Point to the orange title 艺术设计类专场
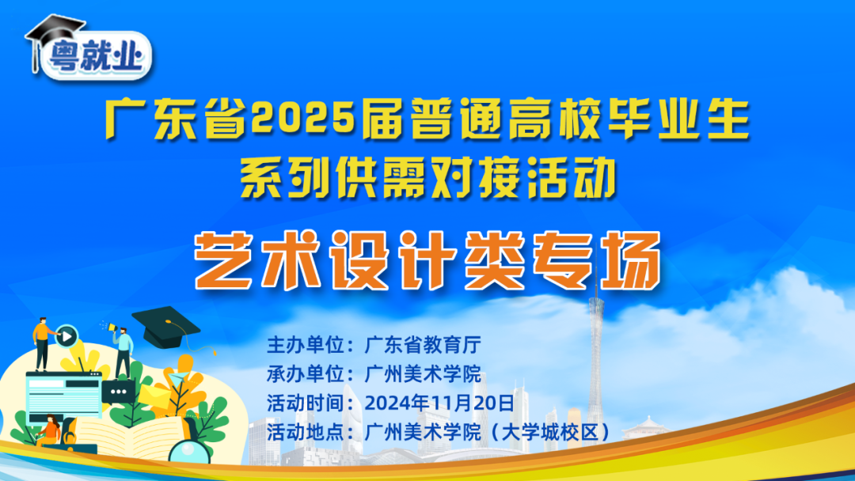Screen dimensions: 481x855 pos(428,258)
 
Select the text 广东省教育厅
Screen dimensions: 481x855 pos(423,345)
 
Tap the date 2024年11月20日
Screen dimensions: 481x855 pos(439,402)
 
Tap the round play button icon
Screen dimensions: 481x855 pos(67,336)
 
